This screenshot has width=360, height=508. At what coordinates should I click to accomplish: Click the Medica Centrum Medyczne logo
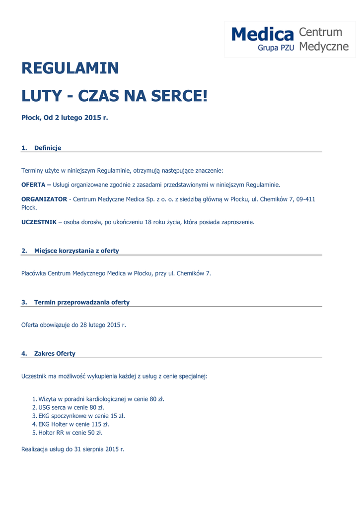click(290, 39)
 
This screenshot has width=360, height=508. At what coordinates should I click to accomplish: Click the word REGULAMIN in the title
click(70, 68)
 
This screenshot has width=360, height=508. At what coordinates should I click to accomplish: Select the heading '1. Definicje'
click(42, 148)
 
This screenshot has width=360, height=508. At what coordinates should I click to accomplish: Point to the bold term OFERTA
click(33, 185)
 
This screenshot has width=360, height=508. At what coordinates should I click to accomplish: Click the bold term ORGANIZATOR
click(44, 199)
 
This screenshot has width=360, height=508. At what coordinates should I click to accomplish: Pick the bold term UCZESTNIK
click(39, 222)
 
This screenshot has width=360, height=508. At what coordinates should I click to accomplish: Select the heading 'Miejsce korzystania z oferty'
click(76, 251)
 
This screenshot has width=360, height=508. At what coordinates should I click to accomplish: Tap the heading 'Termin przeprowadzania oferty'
click(81, 302)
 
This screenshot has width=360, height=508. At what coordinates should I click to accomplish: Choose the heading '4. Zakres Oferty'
click(49, 354)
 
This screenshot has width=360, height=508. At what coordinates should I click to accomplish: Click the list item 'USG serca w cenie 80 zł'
click(71, 407)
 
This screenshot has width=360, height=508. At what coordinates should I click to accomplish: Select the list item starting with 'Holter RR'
click(70, 433)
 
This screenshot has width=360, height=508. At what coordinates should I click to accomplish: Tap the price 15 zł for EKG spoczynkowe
click(117, 416)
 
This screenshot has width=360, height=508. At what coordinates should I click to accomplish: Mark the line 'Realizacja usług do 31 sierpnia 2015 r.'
click(72, 449)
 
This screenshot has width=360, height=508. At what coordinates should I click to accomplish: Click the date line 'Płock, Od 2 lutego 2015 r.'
click(65, 118)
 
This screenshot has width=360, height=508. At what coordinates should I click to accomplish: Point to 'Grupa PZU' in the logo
click(276, 48)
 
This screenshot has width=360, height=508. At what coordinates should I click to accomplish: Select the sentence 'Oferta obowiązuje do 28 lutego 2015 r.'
click(73, 325)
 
